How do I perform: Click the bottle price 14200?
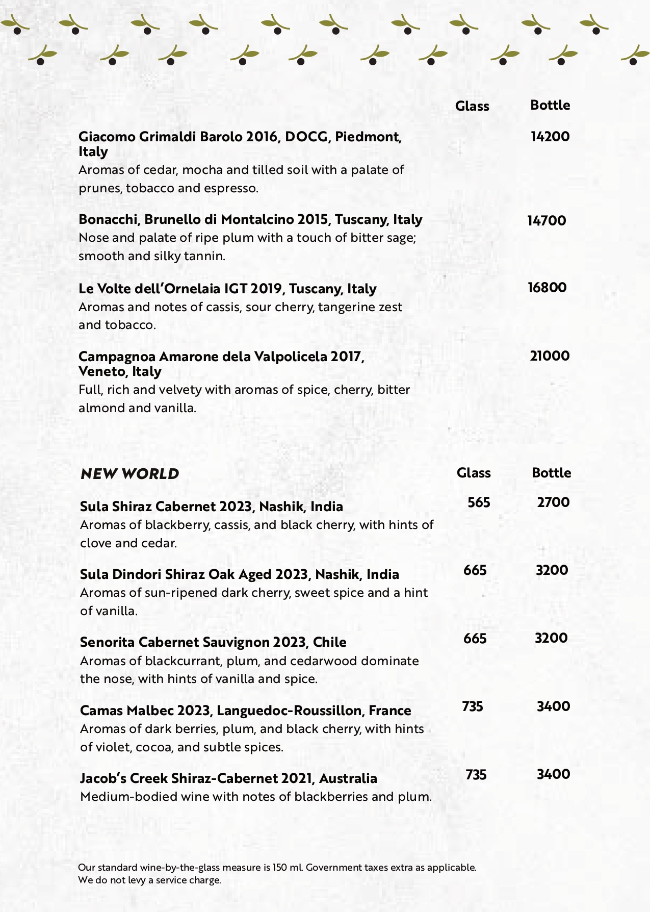point(550,137)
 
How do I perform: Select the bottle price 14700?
point(547,221)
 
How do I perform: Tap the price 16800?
point(547,288)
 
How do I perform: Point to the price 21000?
point(550,356)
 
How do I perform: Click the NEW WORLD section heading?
point(130,474)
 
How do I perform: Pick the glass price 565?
point(479,502)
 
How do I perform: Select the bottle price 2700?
point(553,502)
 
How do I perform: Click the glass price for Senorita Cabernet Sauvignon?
point(475,639)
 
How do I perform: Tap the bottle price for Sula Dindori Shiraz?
point(552,570)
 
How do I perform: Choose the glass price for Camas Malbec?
point(473,706)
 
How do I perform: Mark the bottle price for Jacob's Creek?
point(553,774)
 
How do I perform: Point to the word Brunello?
point(173,219)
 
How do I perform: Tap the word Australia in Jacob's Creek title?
point(348,778)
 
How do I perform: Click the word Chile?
point(329,642)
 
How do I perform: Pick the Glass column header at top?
point(472,106)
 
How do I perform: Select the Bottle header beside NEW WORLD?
point(551,473)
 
